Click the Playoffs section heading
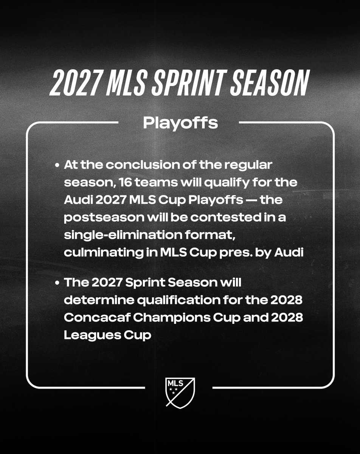[180, 123]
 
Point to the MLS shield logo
[180, 391]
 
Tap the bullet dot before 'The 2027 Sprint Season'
[57, 283]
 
